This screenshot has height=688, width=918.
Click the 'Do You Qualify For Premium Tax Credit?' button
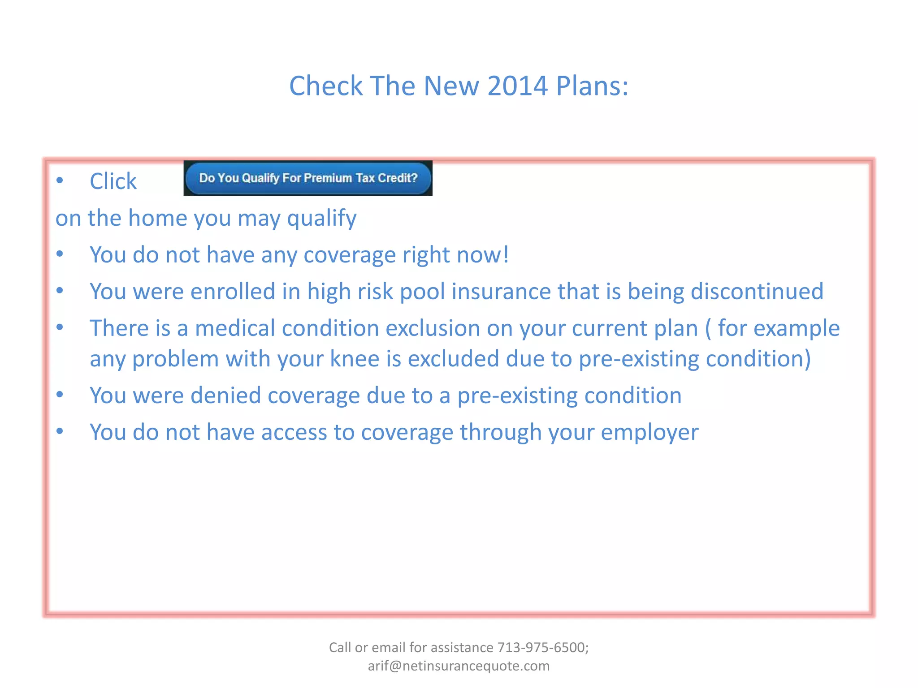[308, 178]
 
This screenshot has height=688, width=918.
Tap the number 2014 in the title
[517, 86]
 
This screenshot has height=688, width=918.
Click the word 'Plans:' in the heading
[592, 86]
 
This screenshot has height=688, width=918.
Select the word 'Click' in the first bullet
[113, 181]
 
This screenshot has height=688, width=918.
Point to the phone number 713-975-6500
[543, 647]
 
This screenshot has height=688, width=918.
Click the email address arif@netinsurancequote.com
[459, 666]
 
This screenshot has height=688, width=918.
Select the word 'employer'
[650, 433]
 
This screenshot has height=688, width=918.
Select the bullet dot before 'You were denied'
[60, 395]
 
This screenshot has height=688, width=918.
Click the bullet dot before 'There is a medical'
[60, 327]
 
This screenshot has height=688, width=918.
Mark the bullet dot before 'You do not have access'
[60, 431]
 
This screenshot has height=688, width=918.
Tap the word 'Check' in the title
[326, 86]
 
